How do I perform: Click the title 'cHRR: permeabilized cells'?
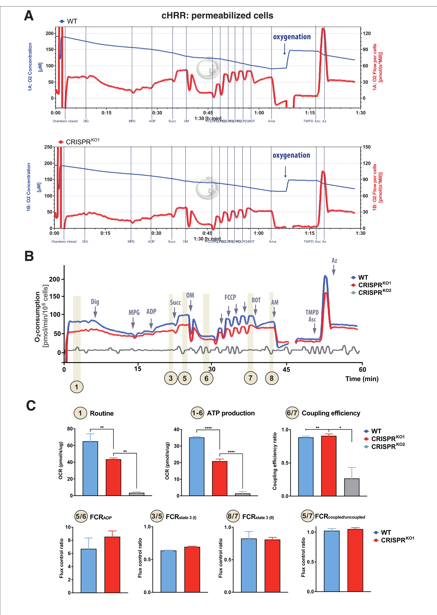pyautogui.click(x=217, y=16)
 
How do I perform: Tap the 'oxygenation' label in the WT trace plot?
pyautogui.click(x=292, y=37)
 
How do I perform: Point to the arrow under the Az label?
pyautogui.click(x=334, y=270)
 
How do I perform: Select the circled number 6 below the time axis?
pyautogui.click(x=206, y=378)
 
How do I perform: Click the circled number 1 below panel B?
pyautogui.click(x=77, y=387)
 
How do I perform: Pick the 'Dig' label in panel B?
pyautogui.click(x=95, y=302)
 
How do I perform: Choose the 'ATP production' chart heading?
pyautogui.click(x=231, y=413)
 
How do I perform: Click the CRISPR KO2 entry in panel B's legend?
pyautogui.click(x=374, y=293)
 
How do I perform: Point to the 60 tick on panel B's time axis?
pyautogui.click(x=362, y=369)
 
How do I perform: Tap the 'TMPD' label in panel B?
pyautogui.click(x=312, y=312)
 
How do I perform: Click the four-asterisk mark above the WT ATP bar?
pyautogui.click(x=208, y=428)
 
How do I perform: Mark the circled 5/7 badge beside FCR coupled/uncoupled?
pyautogui.click(x=307, y=516)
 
